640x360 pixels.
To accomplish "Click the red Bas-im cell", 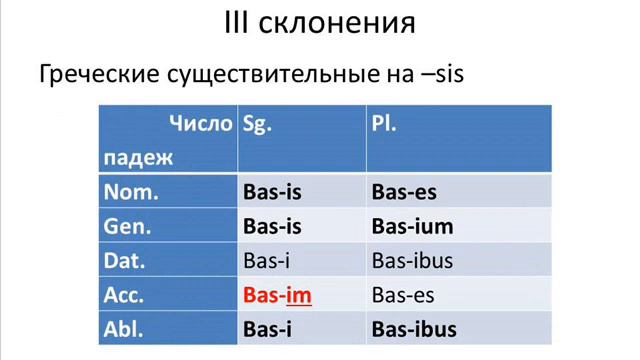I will pyautogui.click(x=277, y=295).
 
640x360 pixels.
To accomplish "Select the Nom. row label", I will pyautogui.click(x=131, y=191).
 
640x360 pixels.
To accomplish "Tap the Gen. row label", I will pyautogui.click(x=128, y=226).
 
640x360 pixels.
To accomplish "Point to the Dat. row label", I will pyautogui.click(x=126, y=261).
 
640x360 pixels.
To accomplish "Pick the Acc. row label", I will pyautogui.click(x=125, y=295).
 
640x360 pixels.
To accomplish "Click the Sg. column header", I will pyautogui.click(x=258, y=125).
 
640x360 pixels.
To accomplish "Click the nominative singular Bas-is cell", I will pyautogui.click(x=273, y=191).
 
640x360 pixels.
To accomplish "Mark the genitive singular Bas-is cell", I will pyautogui.click(x=273, y=226).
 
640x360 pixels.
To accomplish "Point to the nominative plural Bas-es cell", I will pyautogui.click(x=404, y=191).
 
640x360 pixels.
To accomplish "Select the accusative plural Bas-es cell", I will pyautogui.click(x=403, y=295).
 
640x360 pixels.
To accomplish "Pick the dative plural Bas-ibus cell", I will pyautogui.click(x=412, y=261).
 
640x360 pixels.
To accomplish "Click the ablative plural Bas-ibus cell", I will pyautogui.click(x=414, y=329).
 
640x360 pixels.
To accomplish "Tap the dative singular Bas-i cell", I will pyautogui.click(x=267, y=261).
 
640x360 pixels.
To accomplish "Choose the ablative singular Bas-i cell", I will pyautogui.click(x=268, y=329).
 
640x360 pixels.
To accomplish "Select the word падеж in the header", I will pyautogui.click(x=138, y=157).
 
